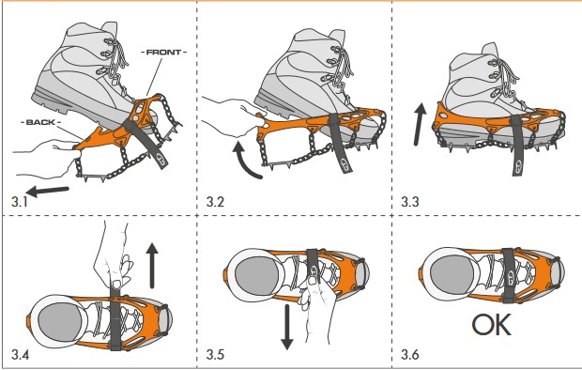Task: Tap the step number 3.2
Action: point(216,201)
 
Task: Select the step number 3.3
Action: point(409,201)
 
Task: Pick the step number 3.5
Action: point(216,354)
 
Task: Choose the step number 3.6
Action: point(409,354)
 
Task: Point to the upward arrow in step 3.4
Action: point(150,263)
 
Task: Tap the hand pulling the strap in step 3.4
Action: point(113,258)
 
